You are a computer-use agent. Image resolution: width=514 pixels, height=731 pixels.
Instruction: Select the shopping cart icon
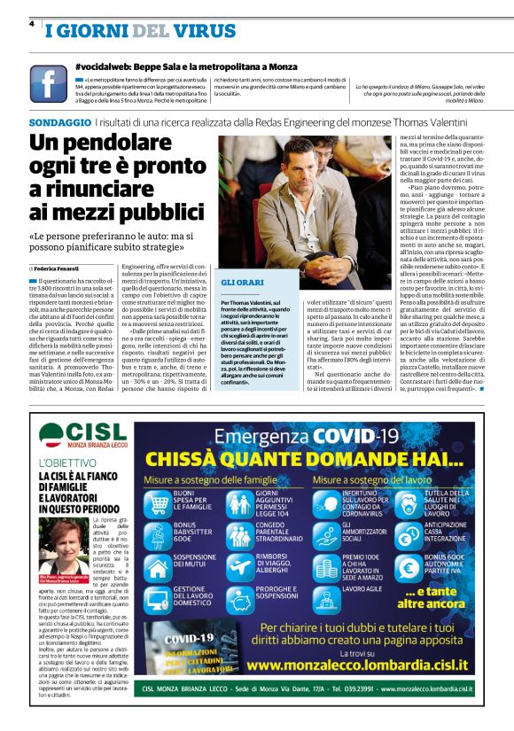[x=159, y=498]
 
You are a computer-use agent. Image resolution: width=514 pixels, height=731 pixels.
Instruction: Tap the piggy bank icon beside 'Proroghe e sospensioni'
[x=240, y=595]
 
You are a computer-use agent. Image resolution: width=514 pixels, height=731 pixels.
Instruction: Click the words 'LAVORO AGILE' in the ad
[x=363, y=587]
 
